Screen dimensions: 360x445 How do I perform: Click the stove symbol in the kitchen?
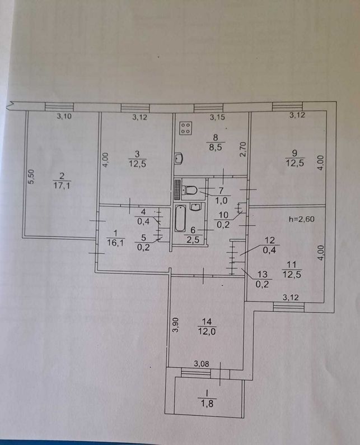tap(186, 128)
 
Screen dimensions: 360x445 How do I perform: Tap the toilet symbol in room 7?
tap(189, 189)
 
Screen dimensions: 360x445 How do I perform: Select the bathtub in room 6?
tap(180, 218)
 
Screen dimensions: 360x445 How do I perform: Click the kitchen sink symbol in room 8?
tap(179, 159)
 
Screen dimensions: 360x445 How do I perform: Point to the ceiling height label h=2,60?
tap(302, 219)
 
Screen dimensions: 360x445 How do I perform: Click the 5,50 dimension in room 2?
tap(31, 177)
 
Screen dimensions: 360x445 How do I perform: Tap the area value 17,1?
tap(62, 186)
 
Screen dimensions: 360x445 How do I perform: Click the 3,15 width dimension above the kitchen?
tap(217, 117)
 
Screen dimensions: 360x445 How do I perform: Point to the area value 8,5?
tap(216, 147)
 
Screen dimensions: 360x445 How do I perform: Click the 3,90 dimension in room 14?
tap(176, 325)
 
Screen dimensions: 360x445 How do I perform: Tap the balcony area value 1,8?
tap(207, 404)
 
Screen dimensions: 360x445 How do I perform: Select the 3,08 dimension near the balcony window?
tap(201, 364)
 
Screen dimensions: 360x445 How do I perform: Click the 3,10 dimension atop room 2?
tap(64, 116)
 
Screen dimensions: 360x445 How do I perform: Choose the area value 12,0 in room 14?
tap(207, 331)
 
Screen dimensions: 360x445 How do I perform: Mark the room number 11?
tap(292, 265)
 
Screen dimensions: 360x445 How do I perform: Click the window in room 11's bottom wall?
tap(288, 307)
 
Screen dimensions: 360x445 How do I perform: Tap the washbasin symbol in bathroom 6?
tap(195, 207)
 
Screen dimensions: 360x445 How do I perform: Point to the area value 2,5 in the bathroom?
tap(193, 240)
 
